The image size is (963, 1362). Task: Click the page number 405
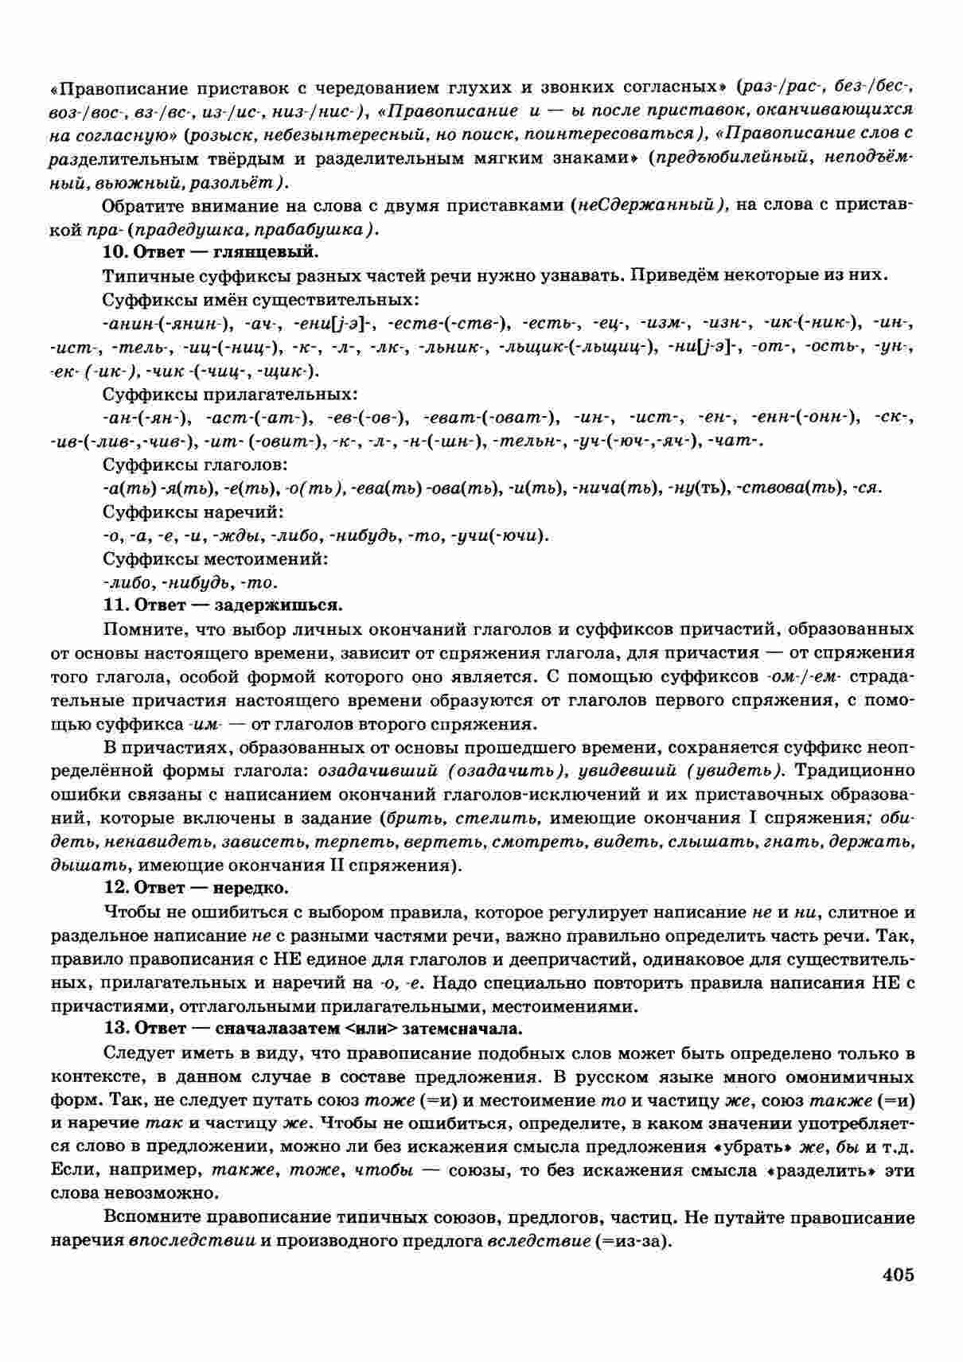point(898,1274)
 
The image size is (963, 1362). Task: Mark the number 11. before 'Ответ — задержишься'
point(115,605)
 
